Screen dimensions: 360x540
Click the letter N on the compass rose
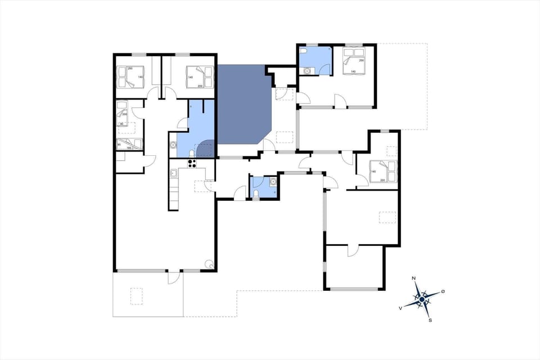(414, 279)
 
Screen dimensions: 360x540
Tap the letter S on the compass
(430, 321)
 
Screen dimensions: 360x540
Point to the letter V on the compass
(400, 308)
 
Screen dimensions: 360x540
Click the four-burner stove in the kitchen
(192, 164)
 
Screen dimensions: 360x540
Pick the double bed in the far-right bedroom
(383, 171)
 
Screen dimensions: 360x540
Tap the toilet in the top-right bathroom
(304, 52)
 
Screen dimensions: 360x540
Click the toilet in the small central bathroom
(256, 193)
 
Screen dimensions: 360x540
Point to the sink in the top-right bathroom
(307, 71)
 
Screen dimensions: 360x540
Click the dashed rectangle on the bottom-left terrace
(137, 295)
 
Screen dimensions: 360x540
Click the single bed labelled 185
(129, 143)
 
